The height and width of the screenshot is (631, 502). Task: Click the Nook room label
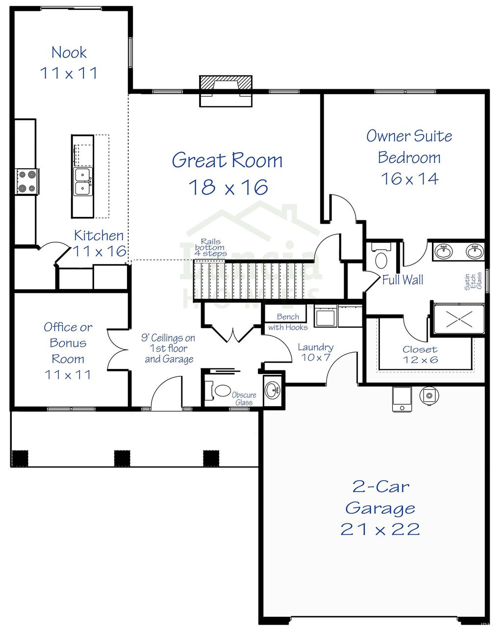point(69,53)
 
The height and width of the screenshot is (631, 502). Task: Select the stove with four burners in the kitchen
point(26,181)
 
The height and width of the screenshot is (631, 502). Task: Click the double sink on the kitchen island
point(83,182)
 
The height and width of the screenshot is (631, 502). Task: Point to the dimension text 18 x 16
point(228,187)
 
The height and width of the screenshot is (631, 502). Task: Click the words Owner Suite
point(409,136)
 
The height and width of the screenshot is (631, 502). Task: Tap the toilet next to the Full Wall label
point(381,259)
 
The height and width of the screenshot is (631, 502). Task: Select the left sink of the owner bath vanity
point(444,252)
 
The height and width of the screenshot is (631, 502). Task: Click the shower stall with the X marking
point(459,318)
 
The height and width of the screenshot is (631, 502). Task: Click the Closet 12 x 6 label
point(420,354)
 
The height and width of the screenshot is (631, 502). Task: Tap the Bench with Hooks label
point(288,322)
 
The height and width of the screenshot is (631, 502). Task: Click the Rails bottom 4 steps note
point(210,248)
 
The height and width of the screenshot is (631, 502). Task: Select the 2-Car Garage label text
point(380,497)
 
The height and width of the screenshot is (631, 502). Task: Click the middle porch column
point(122,458)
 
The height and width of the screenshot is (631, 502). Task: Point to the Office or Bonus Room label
point(68,343)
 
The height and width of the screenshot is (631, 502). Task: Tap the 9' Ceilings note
point(168,348)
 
